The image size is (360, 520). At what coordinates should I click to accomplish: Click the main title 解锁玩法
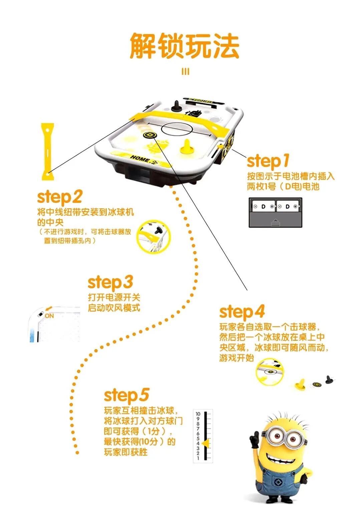(x=185, y=46)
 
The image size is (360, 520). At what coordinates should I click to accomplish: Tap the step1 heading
(x=268, y=162)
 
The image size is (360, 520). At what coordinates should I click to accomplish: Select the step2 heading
(x=59, y=197)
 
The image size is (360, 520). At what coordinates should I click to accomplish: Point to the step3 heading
(x=110, y=282)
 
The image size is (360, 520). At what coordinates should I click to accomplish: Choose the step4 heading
(x=242, y=312)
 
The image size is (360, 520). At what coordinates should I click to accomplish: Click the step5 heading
(x=126, y=396)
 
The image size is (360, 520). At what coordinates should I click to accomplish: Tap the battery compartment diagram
(x=275, y=213)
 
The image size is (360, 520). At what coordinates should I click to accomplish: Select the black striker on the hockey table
(x=176, y=106)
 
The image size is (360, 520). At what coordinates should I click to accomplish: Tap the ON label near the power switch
(x=49, y=316)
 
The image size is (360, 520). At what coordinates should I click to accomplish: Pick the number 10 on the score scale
(x=198, y=414)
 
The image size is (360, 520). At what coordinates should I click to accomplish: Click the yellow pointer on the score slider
(x=207, y=443)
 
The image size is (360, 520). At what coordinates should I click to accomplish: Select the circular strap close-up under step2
(x=153, y=236)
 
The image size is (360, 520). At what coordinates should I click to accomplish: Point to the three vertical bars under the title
(x=185, y=72)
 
